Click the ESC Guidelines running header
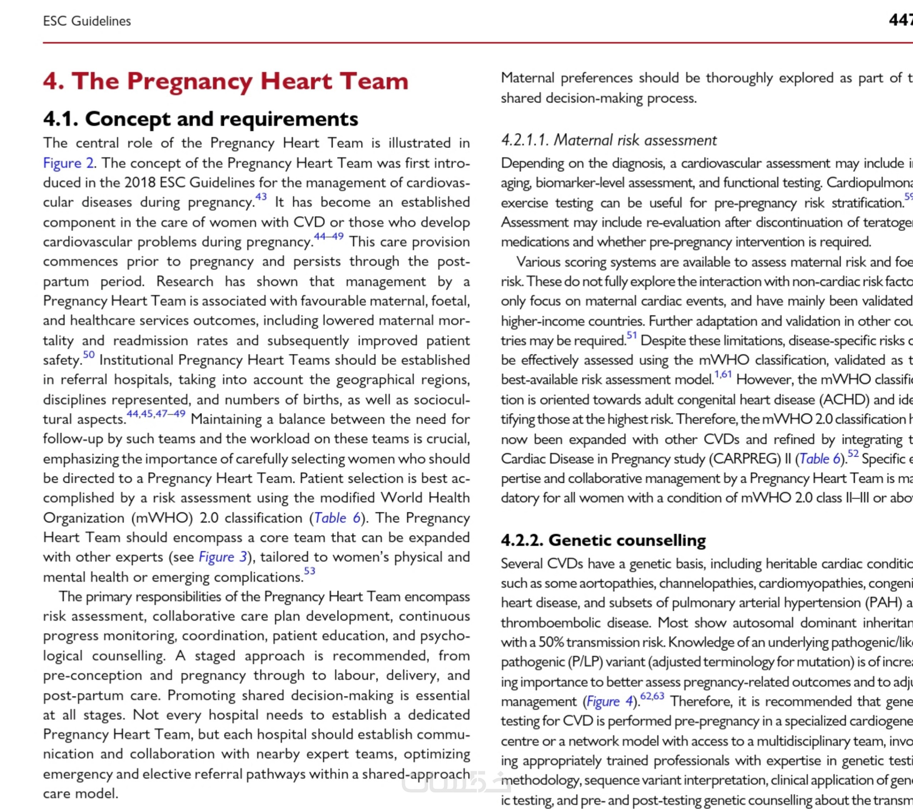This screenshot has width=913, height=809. tap(87, 21)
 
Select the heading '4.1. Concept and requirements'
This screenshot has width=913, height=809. tap(201, 119)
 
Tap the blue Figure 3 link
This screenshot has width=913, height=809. tap(222, 557)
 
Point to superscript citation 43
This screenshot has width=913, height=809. tap(261, 197)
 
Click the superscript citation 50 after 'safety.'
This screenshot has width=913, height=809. tap(89, 354)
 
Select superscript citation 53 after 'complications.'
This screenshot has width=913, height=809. tap(310, 571)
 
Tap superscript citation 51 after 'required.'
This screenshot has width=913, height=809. tap(631, 335)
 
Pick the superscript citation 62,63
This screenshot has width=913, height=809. tap(652, 696)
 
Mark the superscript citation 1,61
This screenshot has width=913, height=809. tap(723, 374)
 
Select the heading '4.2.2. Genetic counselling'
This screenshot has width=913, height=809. tap(603, 540)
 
